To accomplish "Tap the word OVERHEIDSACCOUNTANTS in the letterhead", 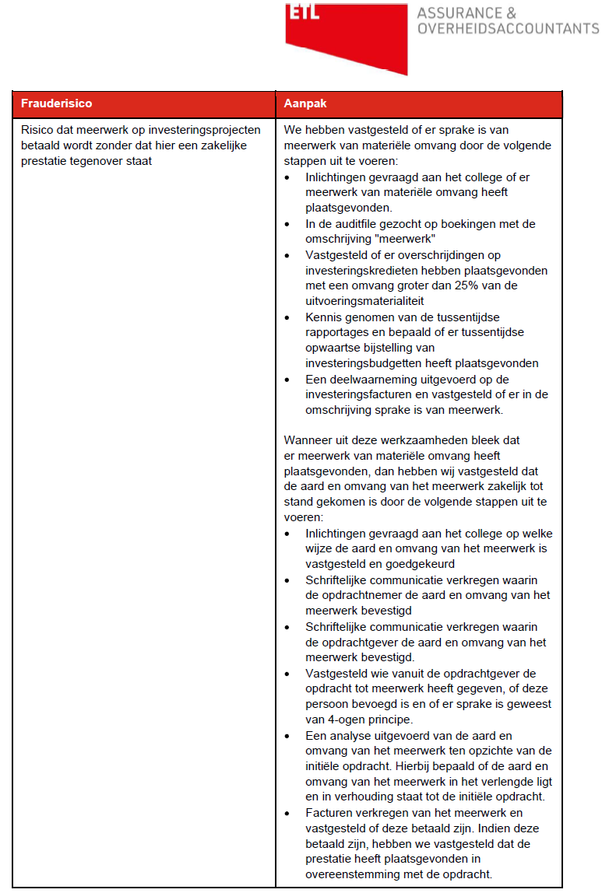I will [x=508, y=29].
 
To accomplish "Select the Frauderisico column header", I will [x=57, y=103].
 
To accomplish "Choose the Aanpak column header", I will [x=303, y=103].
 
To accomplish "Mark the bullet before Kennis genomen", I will [x=289, y=317].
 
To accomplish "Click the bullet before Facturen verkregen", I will [x=289, y=813].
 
